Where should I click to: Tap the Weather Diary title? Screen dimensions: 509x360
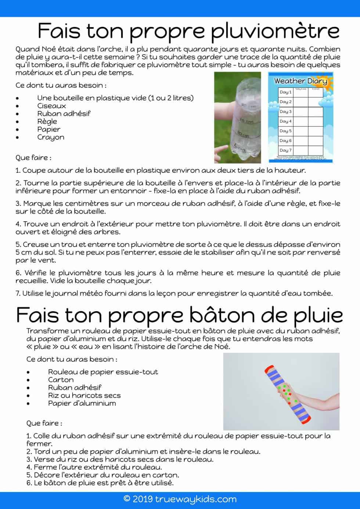[x=300, y=81]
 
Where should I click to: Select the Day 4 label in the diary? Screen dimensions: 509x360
[x=285, y=121]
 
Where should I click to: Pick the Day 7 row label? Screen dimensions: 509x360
[x=285, y=150]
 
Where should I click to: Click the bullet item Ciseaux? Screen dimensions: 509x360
[x=51, y=106]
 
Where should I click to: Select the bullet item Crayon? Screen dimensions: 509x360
[x=51, y=137]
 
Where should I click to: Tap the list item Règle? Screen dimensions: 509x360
[x=47, y=121]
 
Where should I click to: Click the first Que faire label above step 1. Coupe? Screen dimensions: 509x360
[x=33, y=158]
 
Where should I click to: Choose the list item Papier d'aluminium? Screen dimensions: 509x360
[x=82, y=403]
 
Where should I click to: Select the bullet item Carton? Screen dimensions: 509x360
[x=61, y=380]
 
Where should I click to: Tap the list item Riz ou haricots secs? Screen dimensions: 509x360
[x=84, y=395]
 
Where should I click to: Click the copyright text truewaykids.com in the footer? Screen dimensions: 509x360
[x=180, y=499]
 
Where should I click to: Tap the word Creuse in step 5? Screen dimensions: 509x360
[x=35, y=244]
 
